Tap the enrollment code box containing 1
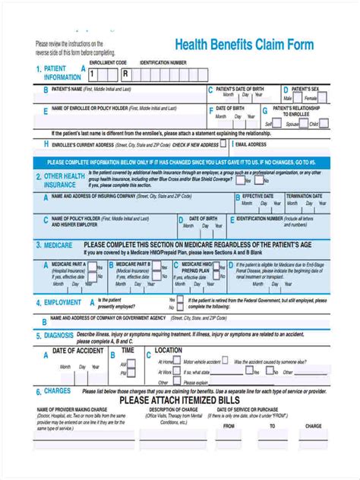click(93, 74)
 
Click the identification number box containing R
click(125, 74)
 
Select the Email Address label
click(251, 144)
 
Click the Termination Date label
click(304, 196)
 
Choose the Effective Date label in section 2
click(257, 196)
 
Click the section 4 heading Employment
click(62, 302)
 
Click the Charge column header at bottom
click(314, 426)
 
